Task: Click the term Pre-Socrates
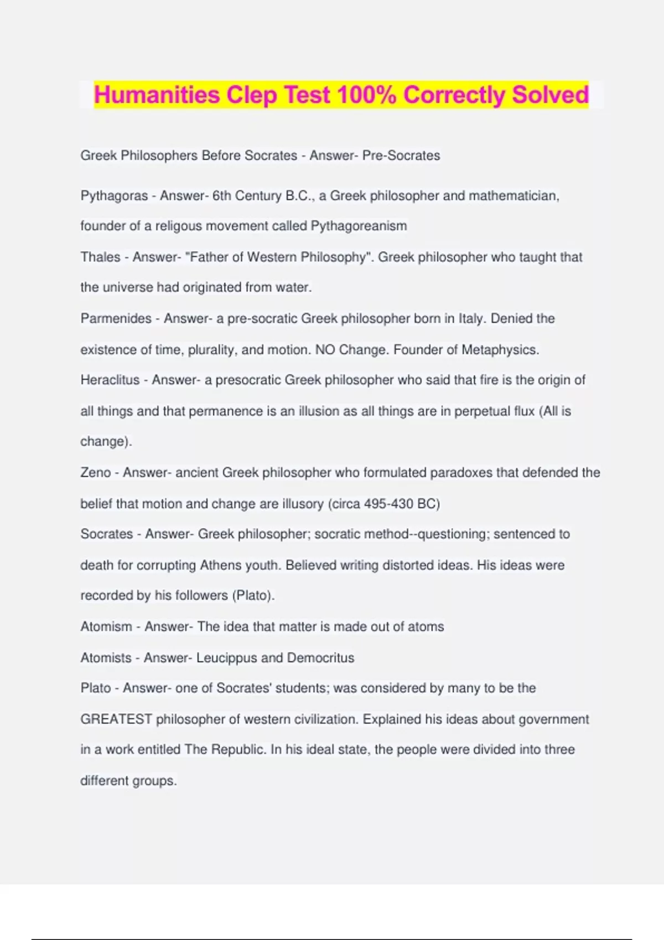401,155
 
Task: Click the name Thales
100,257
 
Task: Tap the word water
296,288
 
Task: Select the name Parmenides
116,318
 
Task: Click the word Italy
470,318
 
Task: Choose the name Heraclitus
110,380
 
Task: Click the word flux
523,411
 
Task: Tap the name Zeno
96,473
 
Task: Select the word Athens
220,565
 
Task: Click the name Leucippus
226,657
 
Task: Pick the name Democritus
320,657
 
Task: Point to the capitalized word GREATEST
116,719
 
